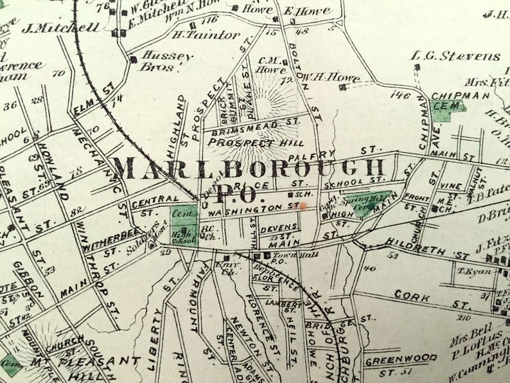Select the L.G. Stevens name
tap(455, 57)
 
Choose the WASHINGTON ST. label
tap(254, 208)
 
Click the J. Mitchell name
tap(61, 28)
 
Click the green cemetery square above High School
tap(183, 216)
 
